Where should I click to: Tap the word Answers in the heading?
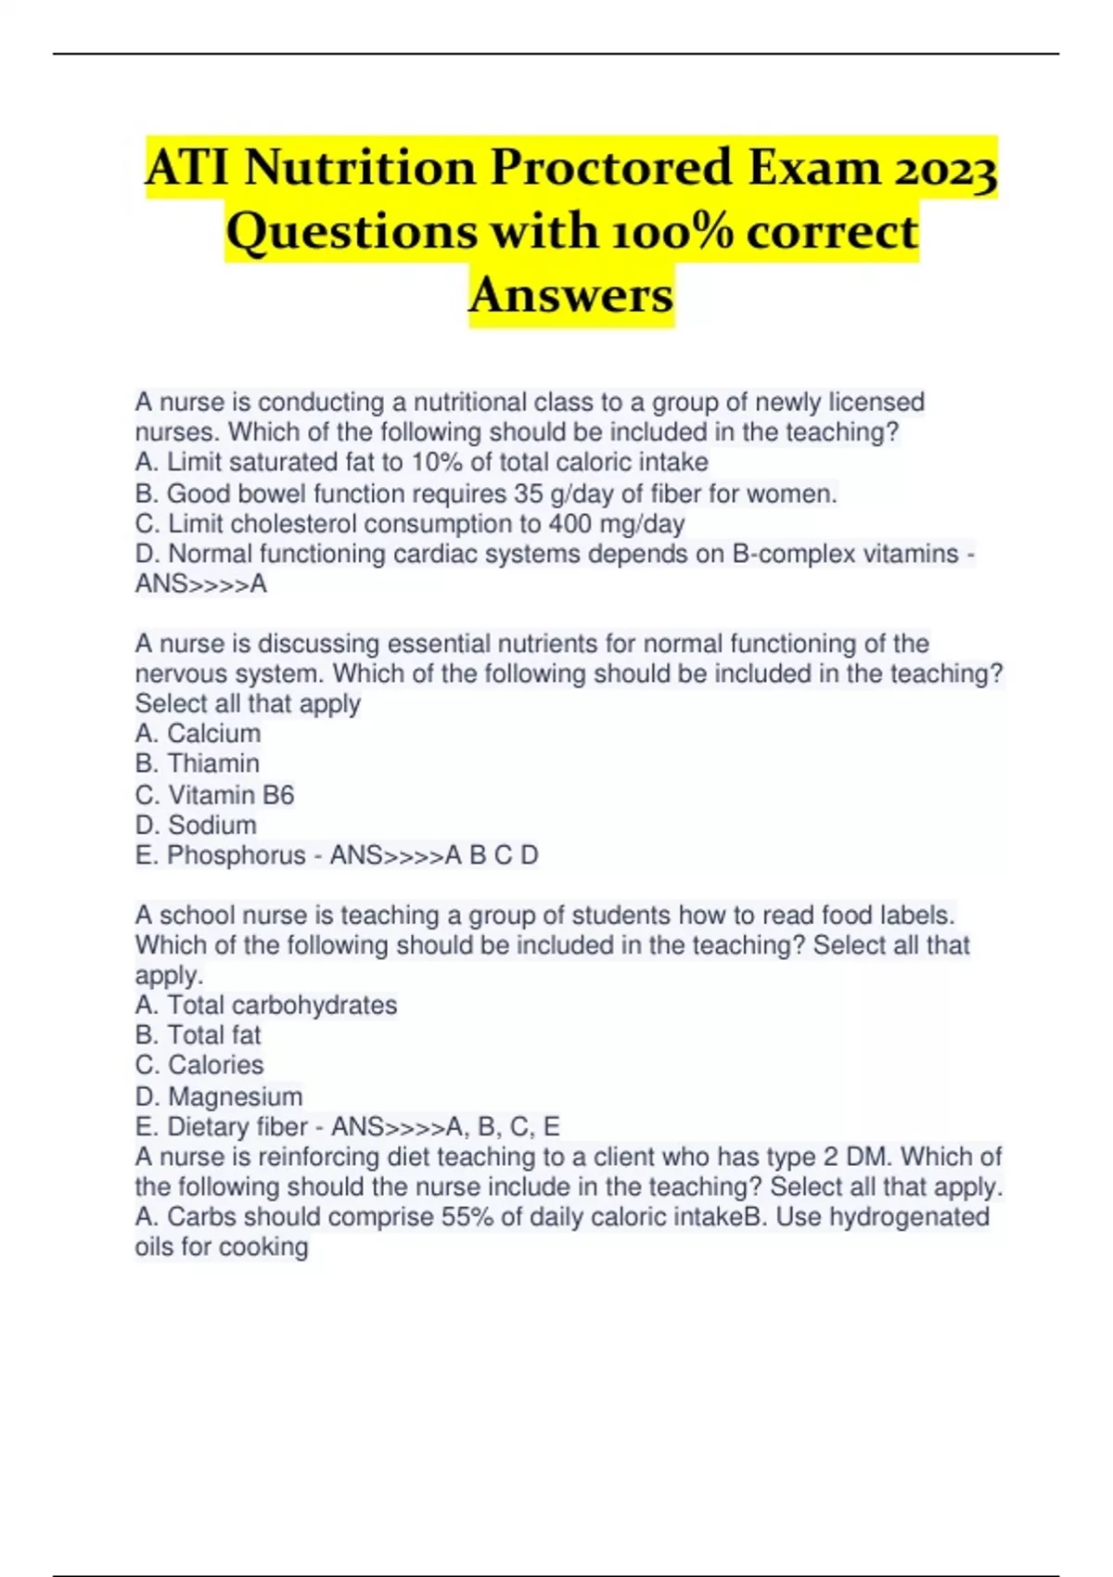pyautogui.click(x=571, y=296)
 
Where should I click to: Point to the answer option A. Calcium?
pyautogui.click(x=198, y=734)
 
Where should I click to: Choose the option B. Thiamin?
pyautogui.click(x=198, y=763)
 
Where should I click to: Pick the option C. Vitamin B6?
pyautogui.click(x=214, y=795)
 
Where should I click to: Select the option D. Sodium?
pyautogui.click(x=196, y=825)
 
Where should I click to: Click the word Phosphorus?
pyautogui.click(x=236, y=855)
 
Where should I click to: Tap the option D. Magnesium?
pyautogui.click(x=219, y=1096)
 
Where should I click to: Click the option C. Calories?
pyautogui.click(x=199, y=1065)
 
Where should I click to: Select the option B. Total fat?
pyautogui.click(x=198, y=1035)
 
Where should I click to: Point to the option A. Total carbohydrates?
pyautogui.click(x=266, y=1006)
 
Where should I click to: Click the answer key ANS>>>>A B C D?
pyautogui.click(x=434, y=855)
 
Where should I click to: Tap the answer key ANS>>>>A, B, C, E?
pyautogui.click(x=445, y=1127)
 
